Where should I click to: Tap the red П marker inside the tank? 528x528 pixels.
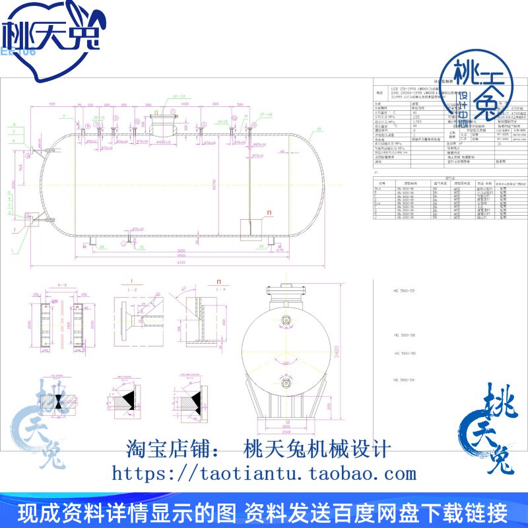(269, 213)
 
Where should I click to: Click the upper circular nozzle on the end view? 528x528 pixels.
(286, 321)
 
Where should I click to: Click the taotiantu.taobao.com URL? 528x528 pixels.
(264, 473)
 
